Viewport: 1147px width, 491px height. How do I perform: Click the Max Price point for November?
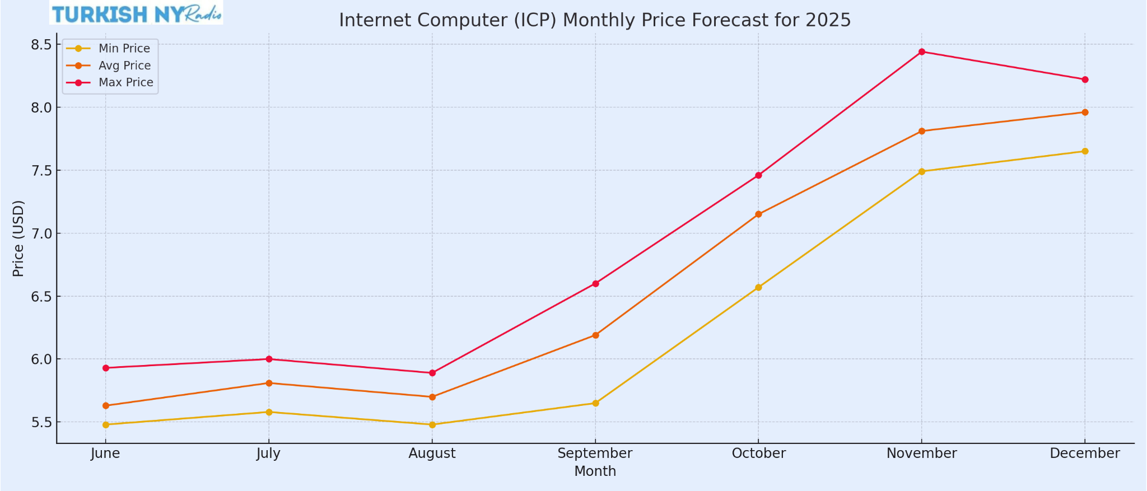point(922,52)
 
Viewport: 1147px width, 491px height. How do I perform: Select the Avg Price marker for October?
point(758,214)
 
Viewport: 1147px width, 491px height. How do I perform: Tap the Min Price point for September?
point(595,403)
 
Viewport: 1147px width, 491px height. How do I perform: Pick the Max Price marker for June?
point(106,368)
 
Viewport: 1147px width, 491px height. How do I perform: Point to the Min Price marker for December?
point(1085,151)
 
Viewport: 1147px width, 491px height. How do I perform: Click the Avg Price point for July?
point(269,384)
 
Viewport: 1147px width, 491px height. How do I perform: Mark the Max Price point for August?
point(432,373)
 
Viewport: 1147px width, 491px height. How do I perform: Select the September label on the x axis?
point(595,453)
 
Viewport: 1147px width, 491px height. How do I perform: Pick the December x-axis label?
point(1085,453)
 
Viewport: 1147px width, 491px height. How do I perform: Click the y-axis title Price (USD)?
point(18,239)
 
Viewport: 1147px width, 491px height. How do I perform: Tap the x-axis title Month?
point(595,471)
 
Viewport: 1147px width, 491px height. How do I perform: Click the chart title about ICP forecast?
point(595,20)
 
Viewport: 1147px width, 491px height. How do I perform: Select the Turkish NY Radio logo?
point(136,13)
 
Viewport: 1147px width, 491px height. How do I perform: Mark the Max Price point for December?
point(1085,80)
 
